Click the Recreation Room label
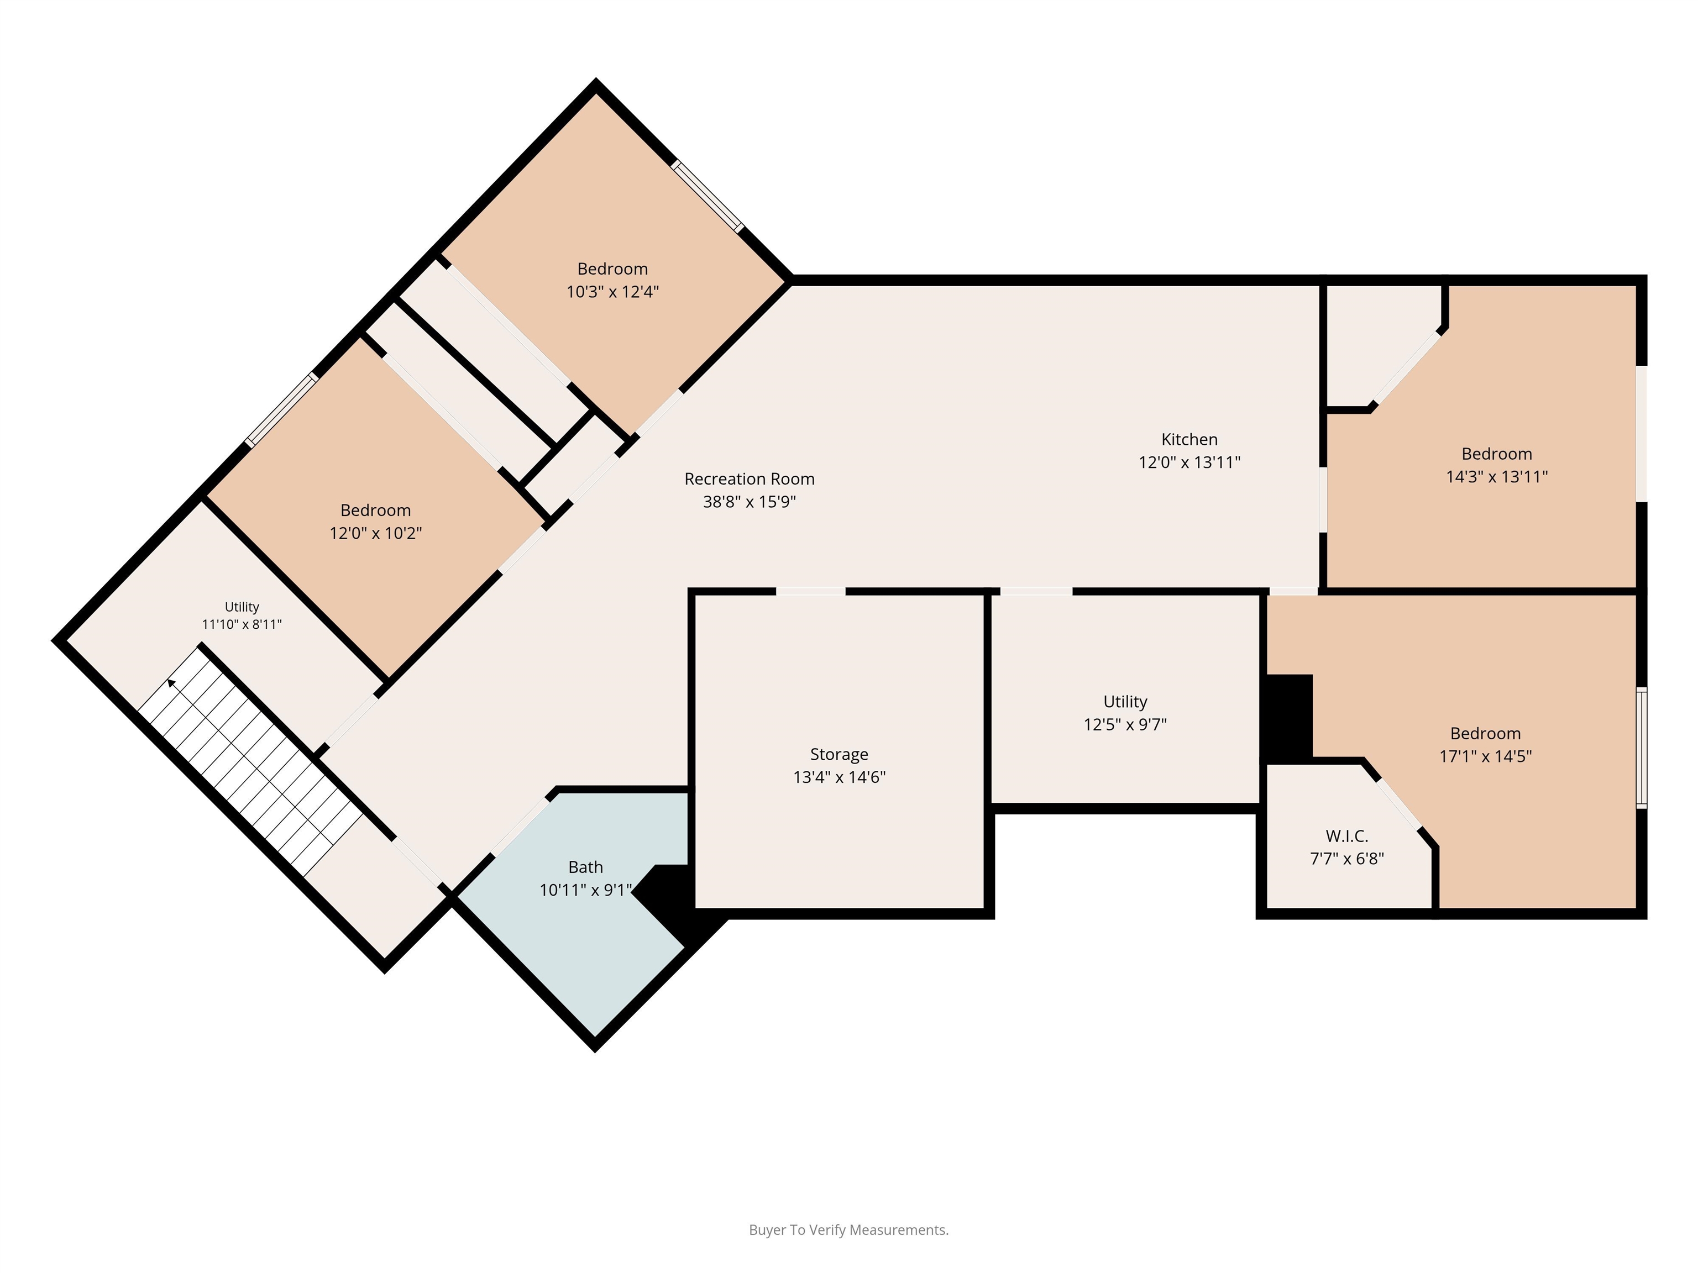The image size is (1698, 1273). pos(749,479)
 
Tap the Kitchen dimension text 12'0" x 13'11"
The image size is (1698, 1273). pos(1189,462)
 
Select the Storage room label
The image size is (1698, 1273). pos(839,754)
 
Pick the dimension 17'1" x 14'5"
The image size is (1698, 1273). pos(1485,756)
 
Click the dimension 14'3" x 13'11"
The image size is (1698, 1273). pos(1496,476)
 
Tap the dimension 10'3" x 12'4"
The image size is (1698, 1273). pos(612,292)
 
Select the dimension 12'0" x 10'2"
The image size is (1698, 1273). pos(375,533)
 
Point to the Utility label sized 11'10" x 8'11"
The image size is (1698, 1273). pos(242,607)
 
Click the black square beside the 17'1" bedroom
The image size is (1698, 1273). pos(1288,718)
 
